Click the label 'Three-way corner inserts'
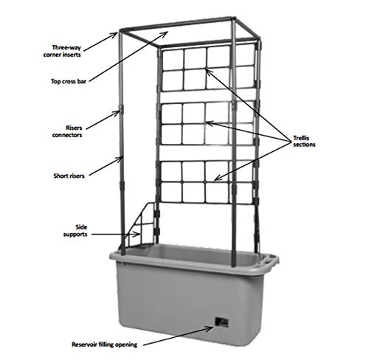point(62,51)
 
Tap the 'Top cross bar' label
point(69,81)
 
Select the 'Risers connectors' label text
point(67,131)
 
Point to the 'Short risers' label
point(69,176)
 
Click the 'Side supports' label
point(75,231)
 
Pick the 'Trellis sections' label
point(304,141)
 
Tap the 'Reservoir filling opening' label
point(105,345)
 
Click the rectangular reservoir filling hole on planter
point(221,322)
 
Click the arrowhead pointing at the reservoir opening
point(210,328)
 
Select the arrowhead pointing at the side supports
point(137,234)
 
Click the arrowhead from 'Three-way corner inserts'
point(114,35)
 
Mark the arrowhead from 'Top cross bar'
point(165,34)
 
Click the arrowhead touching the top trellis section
point(208,72)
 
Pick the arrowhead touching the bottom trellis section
point(217,178)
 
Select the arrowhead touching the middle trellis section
point(210,123)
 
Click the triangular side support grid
point(140,225)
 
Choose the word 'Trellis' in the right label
point(301,138)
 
